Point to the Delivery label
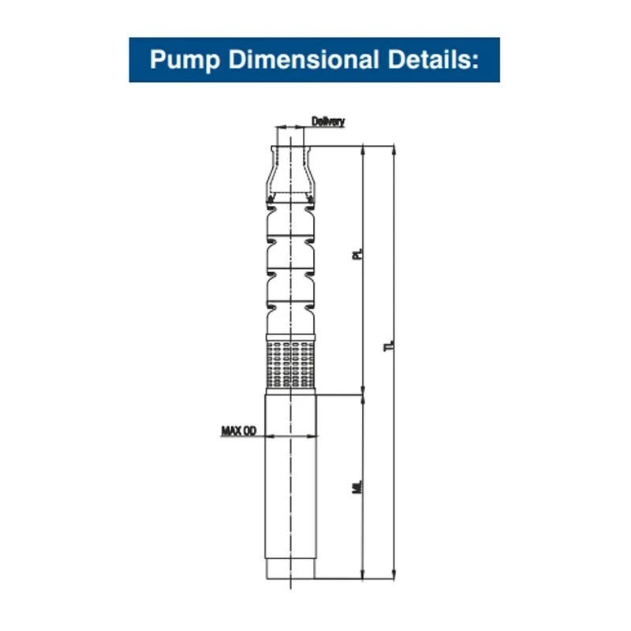click(x=327, y=121)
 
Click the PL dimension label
click(x=357, y=256)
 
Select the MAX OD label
click(x=238, y=431)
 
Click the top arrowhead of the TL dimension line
click(x=392, y=150)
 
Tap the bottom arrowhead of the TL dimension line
click(x=392, y=574)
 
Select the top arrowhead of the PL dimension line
click(x=362, y=150)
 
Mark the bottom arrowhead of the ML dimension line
click(x=362, y=574)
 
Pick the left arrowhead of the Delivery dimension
click(x=278, y=126)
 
